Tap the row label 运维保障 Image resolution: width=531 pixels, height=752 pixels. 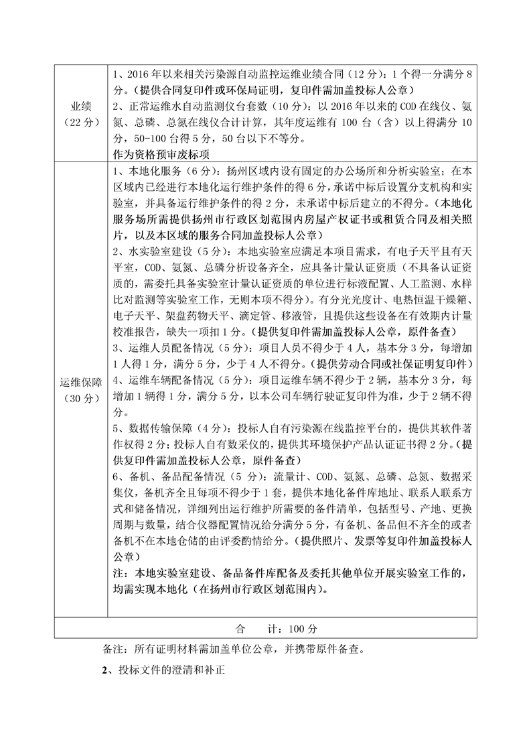coord(80,383)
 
